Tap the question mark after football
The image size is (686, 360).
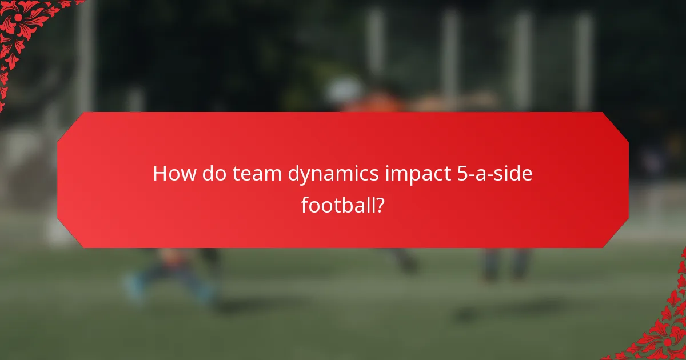pos(378,204)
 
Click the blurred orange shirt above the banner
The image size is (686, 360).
pos(372,103)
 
